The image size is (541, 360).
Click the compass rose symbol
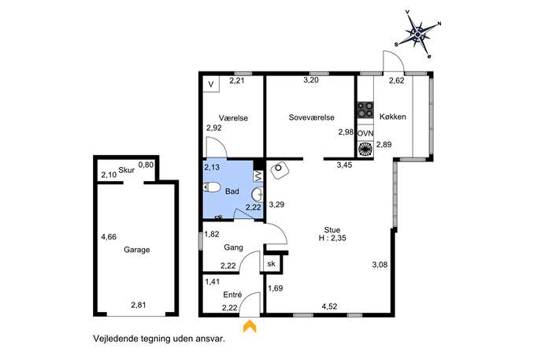(x=418, y=34)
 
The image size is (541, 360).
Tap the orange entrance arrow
(x=250, y=326)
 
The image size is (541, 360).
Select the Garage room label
(x=137, y=250)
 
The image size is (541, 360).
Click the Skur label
(x=126, y=170)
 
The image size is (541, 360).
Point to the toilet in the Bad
(x=212, y=187)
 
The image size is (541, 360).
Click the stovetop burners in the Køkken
(x=365, y=109)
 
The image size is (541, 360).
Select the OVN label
(x=365, y=133)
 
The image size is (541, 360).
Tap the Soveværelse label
(x=312, y=117)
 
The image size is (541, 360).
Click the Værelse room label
(x=233, y=117)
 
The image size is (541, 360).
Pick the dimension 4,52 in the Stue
(x=329, y=306)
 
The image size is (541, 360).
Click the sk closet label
(x=271, y=264)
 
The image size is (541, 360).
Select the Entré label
(x=232, y=295)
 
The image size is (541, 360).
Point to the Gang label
(x=233, y=247)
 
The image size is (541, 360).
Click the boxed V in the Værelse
(x=211, y=84)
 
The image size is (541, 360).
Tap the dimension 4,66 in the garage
(x=109, y=237)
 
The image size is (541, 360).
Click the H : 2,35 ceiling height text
(x=332, y=238)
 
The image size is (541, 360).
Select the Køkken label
(x=393, y=117)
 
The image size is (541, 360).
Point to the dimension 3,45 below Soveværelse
(x=344, y=165)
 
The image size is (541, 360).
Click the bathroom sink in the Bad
(x=258, y=195)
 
